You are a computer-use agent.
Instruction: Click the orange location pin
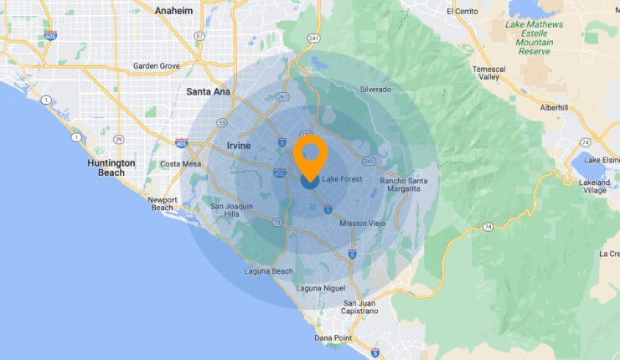311,155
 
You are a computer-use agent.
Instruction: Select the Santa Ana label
209,91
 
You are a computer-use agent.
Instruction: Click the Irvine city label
239,146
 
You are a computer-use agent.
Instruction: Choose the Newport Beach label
162,203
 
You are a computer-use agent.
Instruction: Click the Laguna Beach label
270,271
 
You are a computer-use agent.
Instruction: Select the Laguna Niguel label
321,288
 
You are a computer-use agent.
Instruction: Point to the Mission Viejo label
363,224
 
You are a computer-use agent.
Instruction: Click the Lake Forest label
340,178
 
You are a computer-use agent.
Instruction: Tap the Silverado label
375,89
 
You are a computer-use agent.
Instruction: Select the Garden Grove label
157,65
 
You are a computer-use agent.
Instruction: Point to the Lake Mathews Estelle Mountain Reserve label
535,38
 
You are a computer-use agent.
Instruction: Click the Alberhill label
554,107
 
